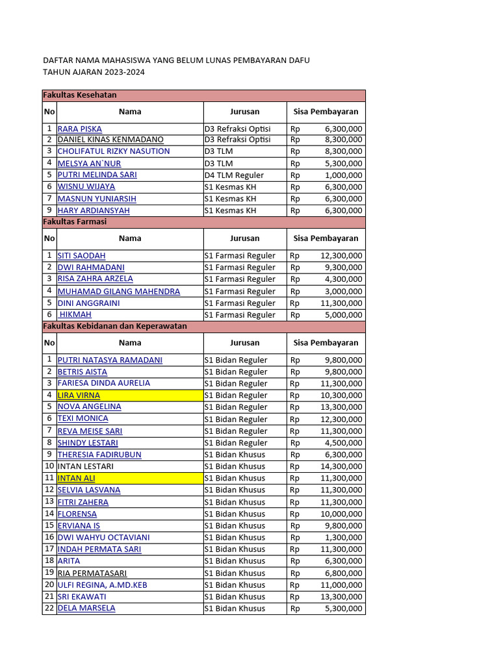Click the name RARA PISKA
[x=80, y=129]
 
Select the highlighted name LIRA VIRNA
[x=79, y=395]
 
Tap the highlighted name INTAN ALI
[x=76, y=478]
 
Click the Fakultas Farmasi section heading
[x=75, y=221]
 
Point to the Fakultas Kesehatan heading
[x=80, y=95]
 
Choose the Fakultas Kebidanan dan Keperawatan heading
[x=115, y=326]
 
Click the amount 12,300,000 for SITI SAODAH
[x=341, y=255]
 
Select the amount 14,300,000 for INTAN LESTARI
[x=341, y=466]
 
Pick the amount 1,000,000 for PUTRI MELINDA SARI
[x=344, y=175]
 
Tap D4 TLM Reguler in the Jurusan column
[x=234, y=175]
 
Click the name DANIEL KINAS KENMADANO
[x=110, y=140]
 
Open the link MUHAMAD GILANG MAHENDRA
[x=119, y=291]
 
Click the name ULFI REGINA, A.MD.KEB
[x=103, y=584]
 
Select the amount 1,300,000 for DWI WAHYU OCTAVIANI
[x=344, y=537]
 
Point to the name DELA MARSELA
[x=86, y=609]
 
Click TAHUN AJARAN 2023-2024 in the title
[x=94, y=72]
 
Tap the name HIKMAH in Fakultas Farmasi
[x=75, y=314]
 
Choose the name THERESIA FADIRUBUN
[x=99, y=455]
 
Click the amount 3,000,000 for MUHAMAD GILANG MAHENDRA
[x=344, y=291]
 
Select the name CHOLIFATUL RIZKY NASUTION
[x=114, y=151]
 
